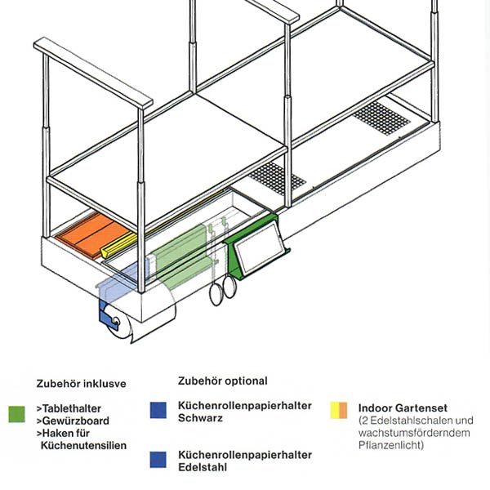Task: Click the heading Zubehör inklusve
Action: pos(81,382)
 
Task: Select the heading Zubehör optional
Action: pos(222,381)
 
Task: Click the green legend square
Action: pos(17,412)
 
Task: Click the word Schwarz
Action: pos(200,419)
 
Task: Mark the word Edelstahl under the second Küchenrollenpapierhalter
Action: pos(203,468)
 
